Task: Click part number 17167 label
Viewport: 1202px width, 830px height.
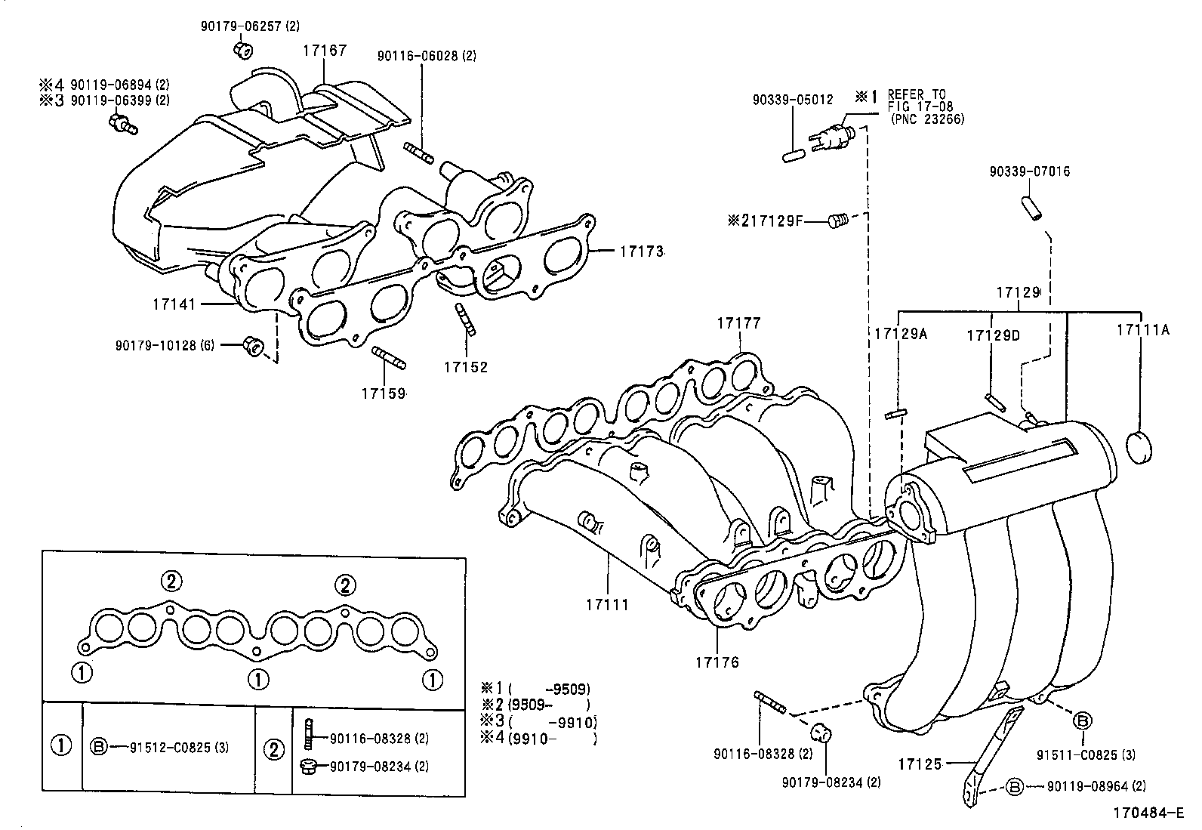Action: pos(325,51)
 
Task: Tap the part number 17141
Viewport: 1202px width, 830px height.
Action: pos(173,304)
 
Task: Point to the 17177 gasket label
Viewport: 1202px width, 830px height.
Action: pos(738,323)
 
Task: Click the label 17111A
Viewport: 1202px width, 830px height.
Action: pos(1142,330)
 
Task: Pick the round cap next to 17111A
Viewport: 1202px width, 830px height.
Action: pos(1141,446)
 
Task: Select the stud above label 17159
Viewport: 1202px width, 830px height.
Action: pos(389,357)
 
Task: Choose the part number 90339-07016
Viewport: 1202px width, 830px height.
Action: pos(1029,171)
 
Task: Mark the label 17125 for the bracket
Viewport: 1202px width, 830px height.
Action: pos(919,764)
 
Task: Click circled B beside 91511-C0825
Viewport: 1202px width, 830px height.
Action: pos(1082,721)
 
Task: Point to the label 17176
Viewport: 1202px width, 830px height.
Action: pos(717,662)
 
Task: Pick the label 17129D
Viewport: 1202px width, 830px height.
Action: pos(993,334)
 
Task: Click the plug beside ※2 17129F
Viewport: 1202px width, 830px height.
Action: pos(837,221)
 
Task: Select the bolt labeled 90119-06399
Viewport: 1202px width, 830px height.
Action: pos(122,124)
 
